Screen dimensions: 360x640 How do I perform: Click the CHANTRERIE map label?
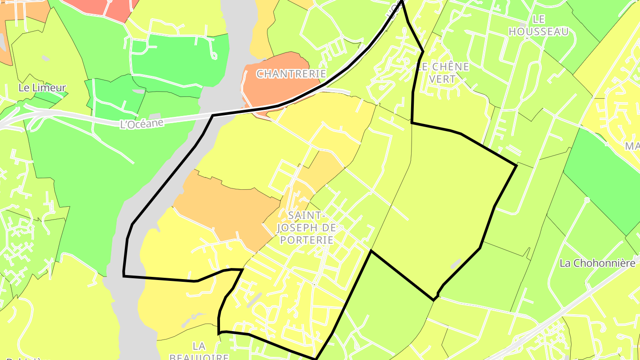coord(291,74)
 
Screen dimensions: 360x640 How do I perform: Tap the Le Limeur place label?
coord(42,88)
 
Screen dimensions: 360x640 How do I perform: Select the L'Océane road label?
coord(142,123)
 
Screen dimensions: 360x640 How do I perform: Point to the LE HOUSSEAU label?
coord(538,25)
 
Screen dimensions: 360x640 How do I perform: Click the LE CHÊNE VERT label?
coord(443,73)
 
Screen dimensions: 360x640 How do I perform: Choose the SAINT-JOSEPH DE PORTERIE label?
coord(305,228)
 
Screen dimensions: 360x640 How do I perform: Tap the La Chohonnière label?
coord(597,263)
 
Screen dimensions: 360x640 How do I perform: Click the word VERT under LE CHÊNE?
coord(443,79)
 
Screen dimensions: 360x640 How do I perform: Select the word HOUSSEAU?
coord(538,32)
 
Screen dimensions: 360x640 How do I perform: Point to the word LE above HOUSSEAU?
coord(538,19)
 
